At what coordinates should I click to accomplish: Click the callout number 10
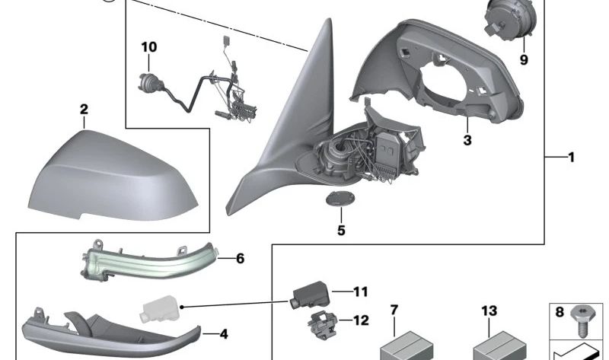pos(148,47)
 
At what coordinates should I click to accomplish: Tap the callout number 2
pos(84,110)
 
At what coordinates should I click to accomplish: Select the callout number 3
pos(467,140)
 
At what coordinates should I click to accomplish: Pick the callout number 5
pos(340,230)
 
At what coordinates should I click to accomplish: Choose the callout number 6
pos(240,259)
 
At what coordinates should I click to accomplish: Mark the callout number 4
pos(224,333)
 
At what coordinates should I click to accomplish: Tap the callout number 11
pos(360,291)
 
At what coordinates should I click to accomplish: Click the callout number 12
pos(360,320)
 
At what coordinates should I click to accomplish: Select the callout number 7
pos(394,310)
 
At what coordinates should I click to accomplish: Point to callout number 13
pos(488,310)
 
